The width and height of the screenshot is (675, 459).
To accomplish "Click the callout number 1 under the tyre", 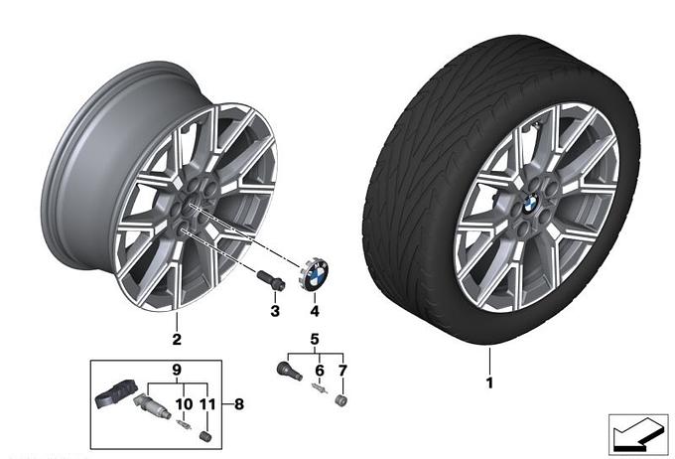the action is click(x=489, y=382).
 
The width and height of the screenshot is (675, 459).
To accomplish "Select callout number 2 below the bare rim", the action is click(x=177, y=339).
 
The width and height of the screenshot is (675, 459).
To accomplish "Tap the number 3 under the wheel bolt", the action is click(x=275, y=311).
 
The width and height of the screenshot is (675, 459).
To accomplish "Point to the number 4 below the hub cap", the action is click(x=315, y=311).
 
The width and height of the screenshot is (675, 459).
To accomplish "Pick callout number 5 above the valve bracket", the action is click(x=315, y=340).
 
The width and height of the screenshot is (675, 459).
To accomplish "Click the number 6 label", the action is click(x=320, y=371).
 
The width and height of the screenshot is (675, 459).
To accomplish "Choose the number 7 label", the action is click(x=342, y=371).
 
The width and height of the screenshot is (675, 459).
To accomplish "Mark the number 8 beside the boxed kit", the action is click(x=239, y=404).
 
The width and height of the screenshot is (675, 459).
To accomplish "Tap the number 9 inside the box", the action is click(x=177, y=370).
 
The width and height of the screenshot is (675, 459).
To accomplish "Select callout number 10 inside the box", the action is click(x=184, y=404).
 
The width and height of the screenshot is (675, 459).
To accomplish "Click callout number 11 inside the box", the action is click(x=207, y=404).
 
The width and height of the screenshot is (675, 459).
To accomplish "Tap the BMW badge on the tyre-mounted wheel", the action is click(x=530, y=202).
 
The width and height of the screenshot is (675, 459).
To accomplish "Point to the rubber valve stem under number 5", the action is click(x=288, y=372).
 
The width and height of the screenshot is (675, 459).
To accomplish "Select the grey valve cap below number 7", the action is click(x=341, y=399).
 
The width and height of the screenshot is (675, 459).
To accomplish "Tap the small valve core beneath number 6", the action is click(x=319, y=388).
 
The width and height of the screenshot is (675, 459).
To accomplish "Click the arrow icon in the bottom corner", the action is click(x=638, y=434).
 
